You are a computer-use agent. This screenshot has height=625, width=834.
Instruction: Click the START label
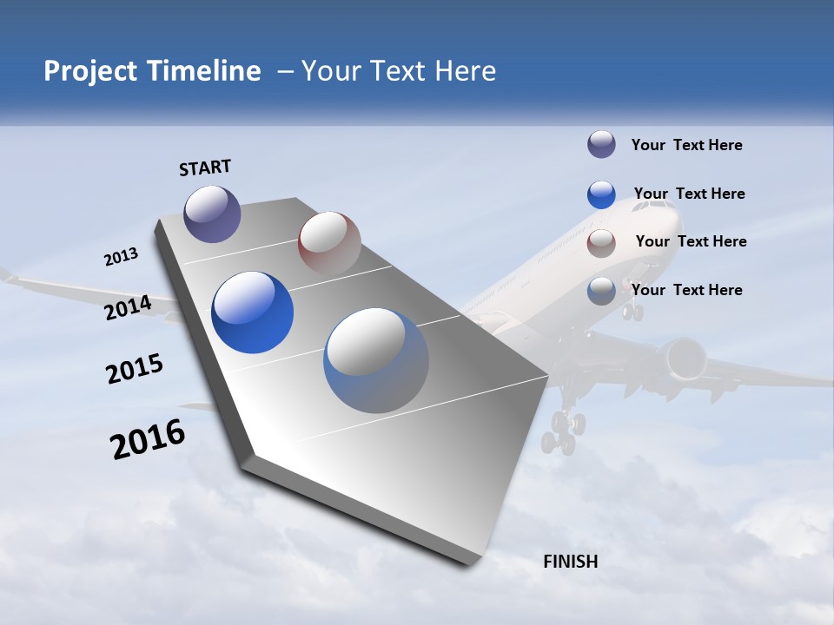tap(205, 167)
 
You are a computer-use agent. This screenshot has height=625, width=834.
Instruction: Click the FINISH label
tap(571, 562)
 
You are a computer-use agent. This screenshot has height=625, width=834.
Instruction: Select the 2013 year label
tap(121, 257)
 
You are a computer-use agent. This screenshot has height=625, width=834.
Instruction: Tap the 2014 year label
tap(128, 307)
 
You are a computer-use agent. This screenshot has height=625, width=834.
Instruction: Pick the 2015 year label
tap(135, 369)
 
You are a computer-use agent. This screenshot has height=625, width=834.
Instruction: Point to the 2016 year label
tap(148, 440)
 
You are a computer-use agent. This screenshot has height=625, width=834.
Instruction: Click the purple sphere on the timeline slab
tap(212, 214)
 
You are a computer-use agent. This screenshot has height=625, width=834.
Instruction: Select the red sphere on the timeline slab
tap(329, 242)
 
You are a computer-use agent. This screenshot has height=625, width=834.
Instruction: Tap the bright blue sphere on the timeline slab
tap(253, 312)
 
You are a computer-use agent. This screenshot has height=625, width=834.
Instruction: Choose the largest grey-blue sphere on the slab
tap(376, 360)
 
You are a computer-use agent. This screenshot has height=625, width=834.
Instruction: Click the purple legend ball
tap(601, 145)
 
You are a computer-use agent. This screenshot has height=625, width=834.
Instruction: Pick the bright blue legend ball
tap(601, 194)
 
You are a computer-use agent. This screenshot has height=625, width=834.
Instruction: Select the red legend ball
tap(601, 243)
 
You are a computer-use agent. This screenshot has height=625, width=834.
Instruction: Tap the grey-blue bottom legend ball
tap(601, 291)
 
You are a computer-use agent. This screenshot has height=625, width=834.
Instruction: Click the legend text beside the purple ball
tap(686, 146)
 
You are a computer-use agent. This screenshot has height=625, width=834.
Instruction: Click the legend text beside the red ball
tap(691, 241)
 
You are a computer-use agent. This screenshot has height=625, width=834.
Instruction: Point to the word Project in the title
tap(88, 71)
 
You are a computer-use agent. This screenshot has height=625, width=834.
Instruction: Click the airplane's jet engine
tap(681, 358)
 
